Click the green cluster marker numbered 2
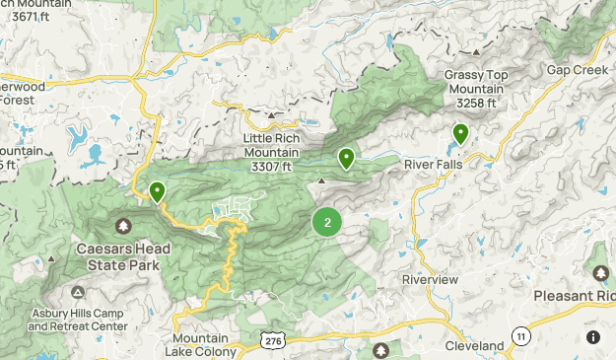coord(327,222)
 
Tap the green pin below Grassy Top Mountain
coord(460,133)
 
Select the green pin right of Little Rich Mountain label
coord(346,158)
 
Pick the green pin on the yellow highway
coord(157,191)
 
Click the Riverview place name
coord(431,280)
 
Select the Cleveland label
coord(473,346)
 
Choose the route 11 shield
coord(520,337)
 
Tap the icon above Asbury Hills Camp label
coord(78,293)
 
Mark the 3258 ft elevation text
coord(480,103)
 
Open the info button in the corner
coord(593,337)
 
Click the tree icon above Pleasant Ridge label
coord(600,271)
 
